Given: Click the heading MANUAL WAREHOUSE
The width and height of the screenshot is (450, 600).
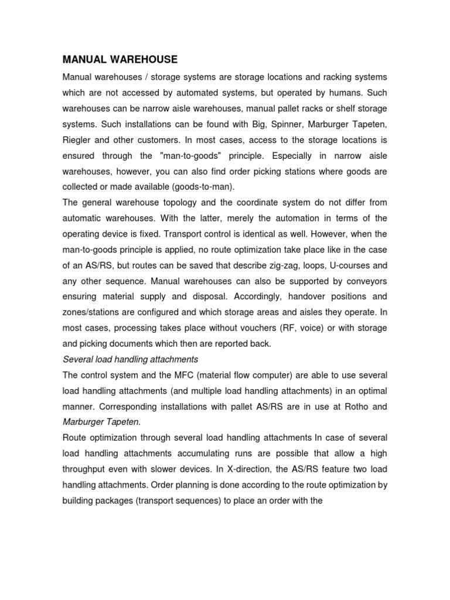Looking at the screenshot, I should [120, 59].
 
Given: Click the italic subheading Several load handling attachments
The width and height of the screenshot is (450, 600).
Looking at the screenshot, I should [130, 359].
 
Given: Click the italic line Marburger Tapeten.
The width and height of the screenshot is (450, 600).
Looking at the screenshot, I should [98, 422].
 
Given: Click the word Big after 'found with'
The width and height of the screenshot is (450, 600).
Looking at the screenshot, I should [244, 125].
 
